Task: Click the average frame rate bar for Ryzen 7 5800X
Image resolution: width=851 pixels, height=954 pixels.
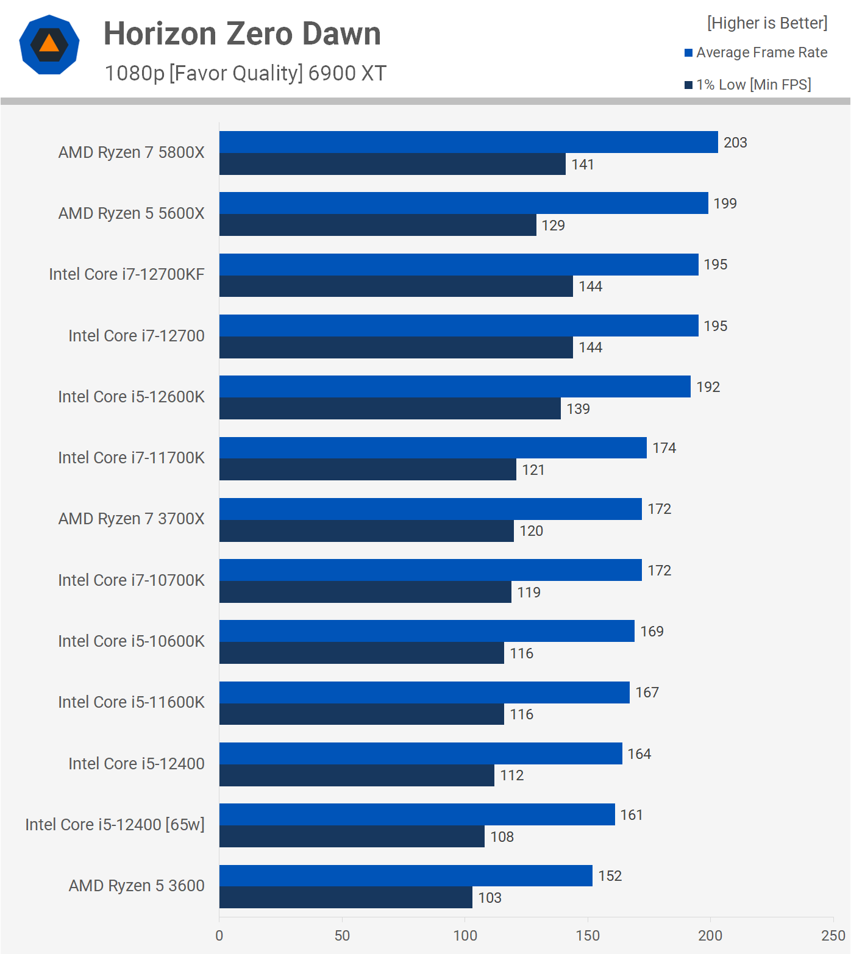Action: (468, 142)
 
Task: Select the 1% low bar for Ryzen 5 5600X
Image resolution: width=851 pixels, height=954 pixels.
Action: (378, 225)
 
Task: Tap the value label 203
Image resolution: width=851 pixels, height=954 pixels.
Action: (735, 143)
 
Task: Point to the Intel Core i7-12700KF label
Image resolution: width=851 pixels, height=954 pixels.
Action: (127, 274)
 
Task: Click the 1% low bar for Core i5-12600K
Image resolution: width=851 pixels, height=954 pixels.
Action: (390, 408)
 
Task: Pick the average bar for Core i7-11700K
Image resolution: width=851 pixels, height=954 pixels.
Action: (433, 448)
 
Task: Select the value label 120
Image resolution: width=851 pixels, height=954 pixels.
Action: (532, 531)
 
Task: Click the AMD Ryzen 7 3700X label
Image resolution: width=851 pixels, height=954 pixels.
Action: (132, 519)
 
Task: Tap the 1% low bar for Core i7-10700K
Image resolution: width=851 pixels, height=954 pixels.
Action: (365, 592)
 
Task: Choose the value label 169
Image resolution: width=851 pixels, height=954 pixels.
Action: (652, 632)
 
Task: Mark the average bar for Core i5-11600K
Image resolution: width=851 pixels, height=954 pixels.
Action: (424, 692)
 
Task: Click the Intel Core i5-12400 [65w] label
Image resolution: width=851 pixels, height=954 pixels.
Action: (115, 825)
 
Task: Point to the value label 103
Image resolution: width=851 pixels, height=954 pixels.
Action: (490, 898)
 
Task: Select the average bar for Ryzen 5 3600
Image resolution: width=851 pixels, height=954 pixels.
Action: (406, 875)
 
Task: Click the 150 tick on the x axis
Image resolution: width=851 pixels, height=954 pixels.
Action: (588, 936)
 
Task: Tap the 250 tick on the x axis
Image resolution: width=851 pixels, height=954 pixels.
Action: (833, 936)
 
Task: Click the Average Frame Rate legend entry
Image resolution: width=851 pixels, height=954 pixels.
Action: (756, 52)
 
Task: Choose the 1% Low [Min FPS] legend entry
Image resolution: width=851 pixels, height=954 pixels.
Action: (748, 85)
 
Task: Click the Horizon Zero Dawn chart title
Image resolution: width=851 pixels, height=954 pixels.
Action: (242, 34)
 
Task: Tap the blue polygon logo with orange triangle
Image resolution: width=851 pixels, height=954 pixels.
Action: (49, 45)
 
